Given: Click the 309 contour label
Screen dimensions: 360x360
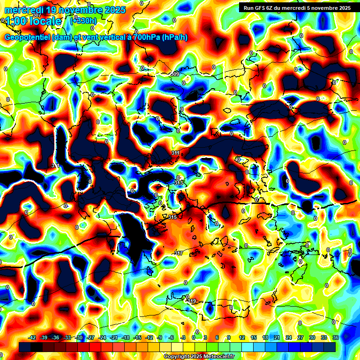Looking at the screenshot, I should (x=174, y=74).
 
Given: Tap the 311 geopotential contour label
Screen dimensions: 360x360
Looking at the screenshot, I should (x=175, y=153).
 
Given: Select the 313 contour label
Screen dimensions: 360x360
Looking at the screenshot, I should (x=178, y=183).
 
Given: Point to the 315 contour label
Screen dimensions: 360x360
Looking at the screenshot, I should (x=172, y=217).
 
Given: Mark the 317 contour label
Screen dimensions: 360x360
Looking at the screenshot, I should (x=179, y=253).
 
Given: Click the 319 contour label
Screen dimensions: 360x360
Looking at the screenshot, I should (x=192, y=301).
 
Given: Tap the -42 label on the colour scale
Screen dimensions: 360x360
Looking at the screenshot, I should (x=32, y=337).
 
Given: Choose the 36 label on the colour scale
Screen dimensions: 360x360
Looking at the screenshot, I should (x=336, y=337).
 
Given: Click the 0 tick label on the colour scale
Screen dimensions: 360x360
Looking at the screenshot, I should (x=194, y=337).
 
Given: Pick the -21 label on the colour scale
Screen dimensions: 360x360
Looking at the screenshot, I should (x=114, y=337).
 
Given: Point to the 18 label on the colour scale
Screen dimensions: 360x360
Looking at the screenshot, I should (x=265, y=337).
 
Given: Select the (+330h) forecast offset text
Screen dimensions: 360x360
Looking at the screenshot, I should (x=83, y=21).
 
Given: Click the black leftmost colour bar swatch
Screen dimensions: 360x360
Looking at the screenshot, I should (x=25, y=347).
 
